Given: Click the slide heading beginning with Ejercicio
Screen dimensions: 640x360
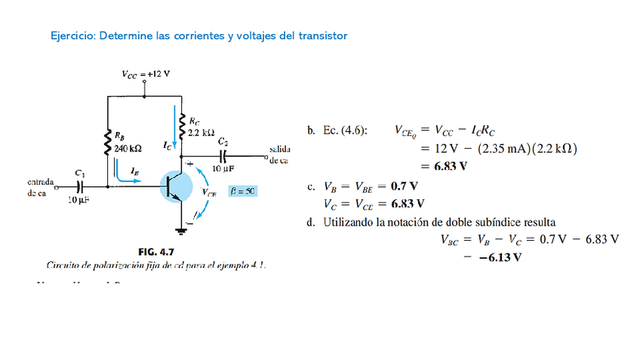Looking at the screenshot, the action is coord(198,35).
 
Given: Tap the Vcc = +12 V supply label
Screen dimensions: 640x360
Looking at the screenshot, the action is coord(146,74).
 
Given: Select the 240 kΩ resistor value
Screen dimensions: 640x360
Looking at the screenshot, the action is coord(128,149).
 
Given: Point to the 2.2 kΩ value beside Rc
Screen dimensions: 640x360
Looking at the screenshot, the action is coord(202,131).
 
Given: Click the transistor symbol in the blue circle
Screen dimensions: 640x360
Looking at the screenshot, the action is coord(180,185).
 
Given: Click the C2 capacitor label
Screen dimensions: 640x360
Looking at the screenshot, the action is coord(223,141).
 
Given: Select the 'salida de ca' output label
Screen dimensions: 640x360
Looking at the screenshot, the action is coord(279,155).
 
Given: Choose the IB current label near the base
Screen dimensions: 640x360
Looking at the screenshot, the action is coord(134,173).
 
